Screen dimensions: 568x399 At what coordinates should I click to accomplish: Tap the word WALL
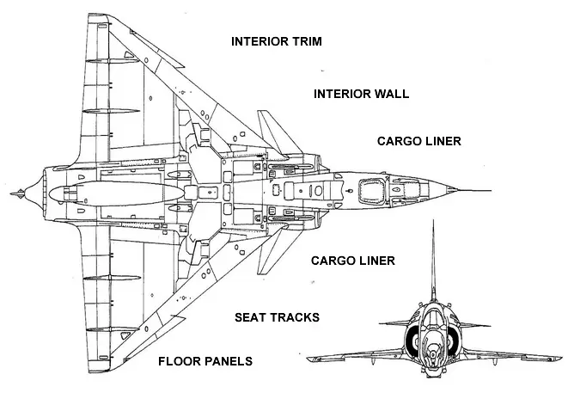[393, 94]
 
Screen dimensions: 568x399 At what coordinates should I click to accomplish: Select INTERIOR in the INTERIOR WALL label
[342, 94]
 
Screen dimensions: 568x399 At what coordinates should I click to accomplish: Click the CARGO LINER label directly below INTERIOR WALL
[419, 141]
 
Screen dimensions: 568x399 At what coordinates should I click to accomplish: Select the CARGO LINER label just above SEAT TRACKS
[353, 261]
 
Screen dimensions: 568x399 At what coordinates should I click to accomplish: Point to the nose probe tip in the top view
[491, 190]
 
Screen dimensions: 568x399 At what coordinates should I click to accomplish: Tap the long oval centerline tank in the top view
[116, 193]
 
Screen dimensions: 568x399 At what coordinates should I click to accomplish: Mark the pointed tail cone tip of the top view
[11, 193]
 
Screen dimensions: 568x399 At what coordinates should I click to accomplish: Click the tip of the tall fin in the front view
[433, 220]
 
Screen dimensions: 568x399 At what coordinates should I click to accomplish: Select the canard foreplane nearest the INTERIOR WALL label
[277, 132]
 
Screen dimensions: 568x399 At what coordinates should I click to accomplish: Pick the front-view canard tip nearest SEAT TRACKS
[381, 323]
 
